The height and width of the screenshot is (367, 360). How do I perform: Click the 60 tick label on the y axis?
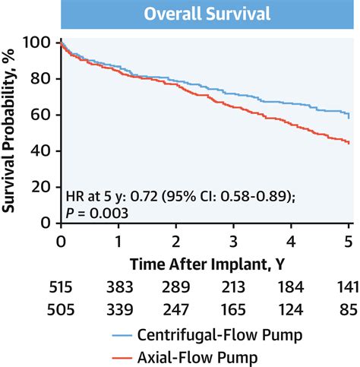[x=43, y=115]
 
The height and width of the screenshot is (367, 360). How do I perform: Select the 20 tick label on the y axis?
[x=43, y=187]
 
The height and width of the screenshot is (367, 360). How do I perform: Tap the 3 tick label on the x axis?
[x=232, y=240]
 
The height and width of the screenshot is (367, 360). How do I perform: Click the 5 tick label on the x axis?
[x=349, y=240]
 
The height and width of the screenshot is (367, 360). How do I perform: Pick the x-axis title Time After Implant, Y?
[x=204, y=262]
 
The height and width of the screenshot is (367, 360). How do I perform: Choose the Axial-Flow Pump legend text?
[x=204, y=354]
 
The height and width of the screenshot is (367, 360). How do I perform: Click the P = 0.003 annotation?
[x=96, y=214]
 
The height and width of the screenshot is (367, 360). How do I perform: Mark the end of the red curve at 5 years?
[x=349, y=143]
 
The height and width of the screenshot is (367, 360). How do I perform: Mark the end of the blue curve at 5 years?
[x=349, y=116]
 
